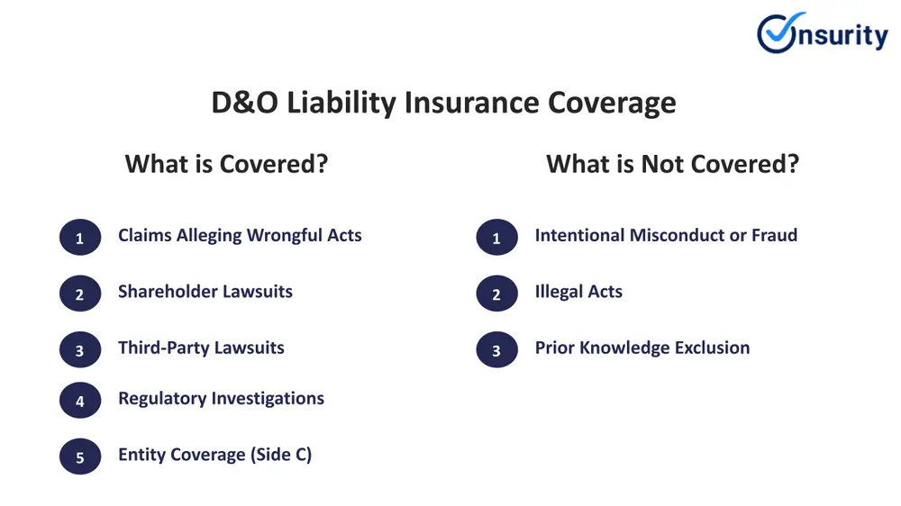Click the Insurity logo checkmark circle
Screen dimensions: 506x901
pyautogui.click(x=778, y=33)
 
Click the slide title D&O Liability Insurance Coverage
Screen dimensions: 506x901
pyautogui.click(x=443, y=103)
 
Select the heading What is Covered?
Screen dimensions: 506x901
pyautogui.click(x=226, y=164)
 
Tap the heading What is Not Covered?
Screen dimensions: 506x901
pyautogui.click(x=672, y=164)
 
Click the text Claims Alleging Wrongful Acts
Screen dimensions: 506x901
pyautogui.click(x=240, y=236)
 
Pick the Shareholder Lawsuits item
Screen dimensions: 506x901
pyautogui.click(x=205, y=292)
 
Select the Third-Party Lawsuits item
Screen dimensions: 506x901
pyautogui.click(x=201, y=348)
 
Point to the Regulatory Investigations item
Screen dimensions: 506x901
pyautogui.click(x=221, y=398)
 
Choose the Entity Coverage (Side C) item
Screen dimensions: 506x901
pyautogui.click(x=214, y=455)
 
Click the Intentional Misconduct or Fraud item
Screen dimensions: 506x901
pyautogui.click(x=666, y=236)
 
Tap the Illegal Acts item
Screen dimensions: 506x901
pyautogui.click(x=578, y=292)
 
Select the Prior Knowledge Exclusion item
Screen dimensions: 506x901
pyautogui.click(x=642, y=348)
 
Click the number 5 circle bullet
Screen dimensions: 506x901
pyautogui.click(x=80, y=457)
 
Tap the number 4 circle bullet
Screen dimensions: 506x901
pyautogui.click(x=80, y=402)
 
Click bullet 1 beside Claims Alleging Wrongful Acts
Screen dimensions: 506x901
pyautogui.click(x=80, y=239)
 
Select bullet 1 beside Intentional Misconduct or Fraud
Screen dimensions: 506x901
pyautogui.click(x=496, y=239)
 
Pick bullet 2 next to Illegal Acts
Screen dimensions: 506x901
pyautogui.click(x=496, y=294)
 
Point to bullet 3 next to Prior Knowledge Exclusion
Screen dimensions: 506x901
pyautogui.click(x=496, y=350)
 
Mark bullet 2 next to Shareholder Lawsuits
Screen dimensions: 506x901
pyautogui.click(x=80, y=294)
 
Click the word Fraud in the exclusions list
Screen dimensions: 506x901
pyautogui.click(x=775, y=236)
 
